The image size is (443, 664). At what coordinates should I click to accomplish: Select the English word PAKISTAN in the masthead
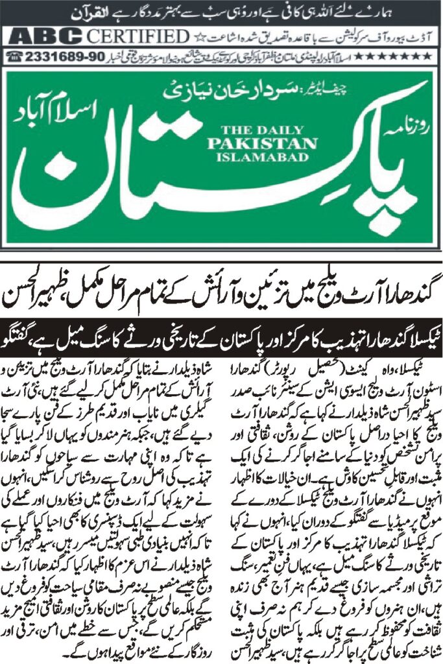click(246, 143)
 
